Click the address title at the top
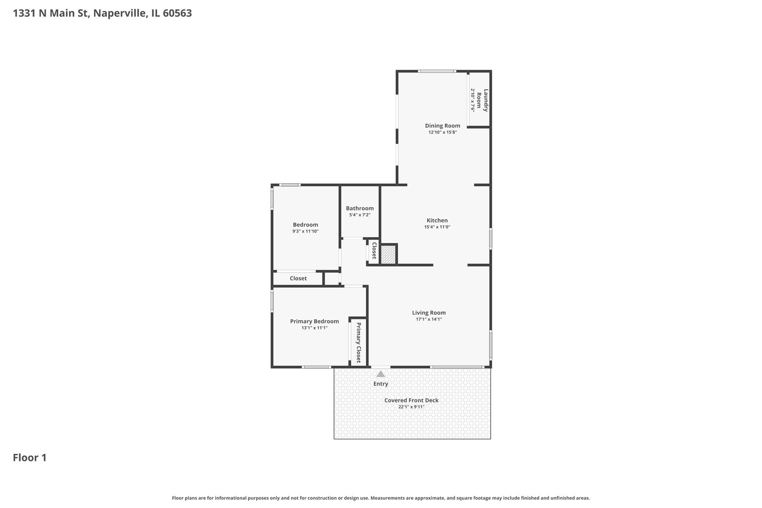(102, 13)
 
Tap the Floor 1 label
(30, 458)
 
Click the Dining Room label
(442, 126)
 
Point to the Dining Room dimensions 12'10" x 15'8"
(442, 133)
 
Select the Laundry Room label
(483, 100)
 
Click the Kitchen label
(437, 220)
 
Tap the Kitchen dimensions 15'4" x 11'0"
(437, 227)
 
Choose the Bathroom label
(359, 208)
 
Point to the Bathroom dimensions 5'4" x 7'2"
(359, 215)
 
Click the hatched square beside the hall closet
(388, 254)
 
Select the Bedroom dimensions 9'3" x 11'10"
(305, 231)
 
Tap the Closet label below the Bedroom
(298, 278)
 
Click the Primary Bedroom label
(314, 321)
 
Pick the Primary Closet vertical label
(358, 342)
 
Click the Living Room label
(429, 313)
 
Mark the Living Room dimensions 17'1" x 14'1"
(429, 319)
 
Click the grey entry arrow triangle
(381, 374)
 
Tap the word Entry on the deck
(381, 384)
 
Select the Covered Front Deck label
(411, 400)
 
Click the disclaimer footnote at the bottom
(381, 498)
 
